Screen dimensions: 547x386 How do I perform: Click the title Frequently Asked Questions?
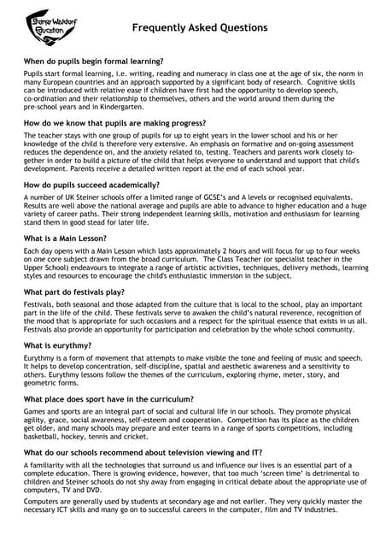(200, 28)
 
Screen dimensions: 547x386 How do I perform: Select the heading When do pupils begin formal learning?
(93, 62)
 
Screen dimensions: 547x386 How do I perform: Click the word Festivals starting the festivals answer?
(42, 305)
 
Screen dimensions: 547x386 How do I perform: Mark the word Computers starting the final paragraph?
(44, 501)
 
